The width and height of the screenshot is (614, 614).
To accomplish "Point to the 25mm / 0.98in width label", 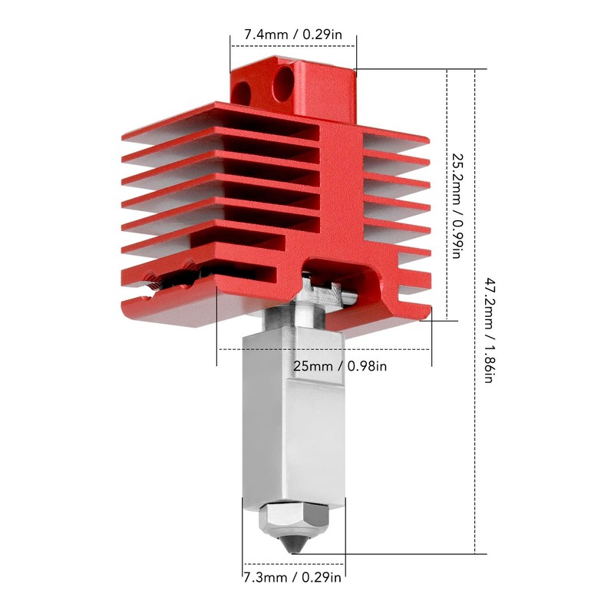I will (x=340, y=366).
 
